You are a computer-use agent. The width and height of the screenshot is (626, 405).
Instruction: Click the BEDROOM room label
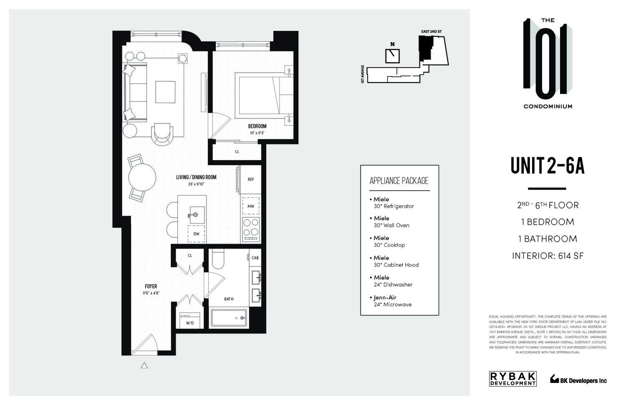[x=257, y=126]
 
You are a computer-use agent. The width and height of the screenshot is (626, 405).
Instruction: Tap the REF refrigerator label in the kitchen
[x=251, y=180]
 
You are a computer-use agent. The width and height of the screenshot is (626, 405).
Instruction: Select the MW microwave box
[x=251, y=206]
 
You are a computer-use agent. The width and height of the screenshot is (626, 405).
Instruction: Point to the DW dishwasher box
[x=196, y=234]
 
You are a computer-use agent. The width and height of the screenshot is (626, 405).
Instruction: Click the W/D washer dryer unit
[x=189, y=320]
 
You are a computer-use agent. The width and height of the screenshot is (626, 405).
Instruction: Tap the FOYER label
[x=151, y=286]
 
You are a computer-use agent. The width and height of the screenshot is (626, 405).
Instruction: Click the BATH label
[x=229, y=299]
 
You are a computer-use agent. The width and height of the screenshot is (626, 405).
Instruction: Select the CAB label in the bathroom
[x=255, y=258]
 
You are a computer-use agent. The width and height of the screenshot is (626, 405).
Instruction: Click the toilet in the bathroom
[x=218, y=259]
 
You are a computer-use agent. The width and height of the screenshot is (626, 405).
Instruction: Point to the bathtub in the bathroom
[x=229, y=318]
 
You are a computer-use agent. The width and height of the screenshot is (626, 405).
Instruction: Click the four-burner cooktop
[x=251, y=228]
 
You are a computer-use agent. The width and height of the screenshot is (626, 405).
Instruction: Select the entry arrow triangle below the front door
[x=144, y=366]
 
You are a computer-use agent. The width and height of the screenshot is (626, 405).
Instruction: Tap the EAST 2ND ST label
[x=432, y=32]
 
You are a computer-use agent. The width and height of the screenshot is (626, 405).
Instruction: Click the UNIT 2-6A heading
[x=547, y=166]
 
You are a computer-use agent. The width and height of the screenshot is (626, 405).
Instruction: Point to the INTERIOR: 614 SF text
[x=548, y=256]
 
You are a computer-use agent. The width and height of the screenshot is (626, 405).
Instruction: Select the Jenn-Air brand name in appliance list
[x=385, y=297]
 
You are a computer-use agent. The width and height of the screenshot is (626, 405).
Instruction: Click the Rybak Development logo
[x=512, y=379]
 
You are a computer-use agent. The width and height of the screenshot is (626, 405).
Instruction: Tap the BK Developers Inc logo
[x=578, y=380]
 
